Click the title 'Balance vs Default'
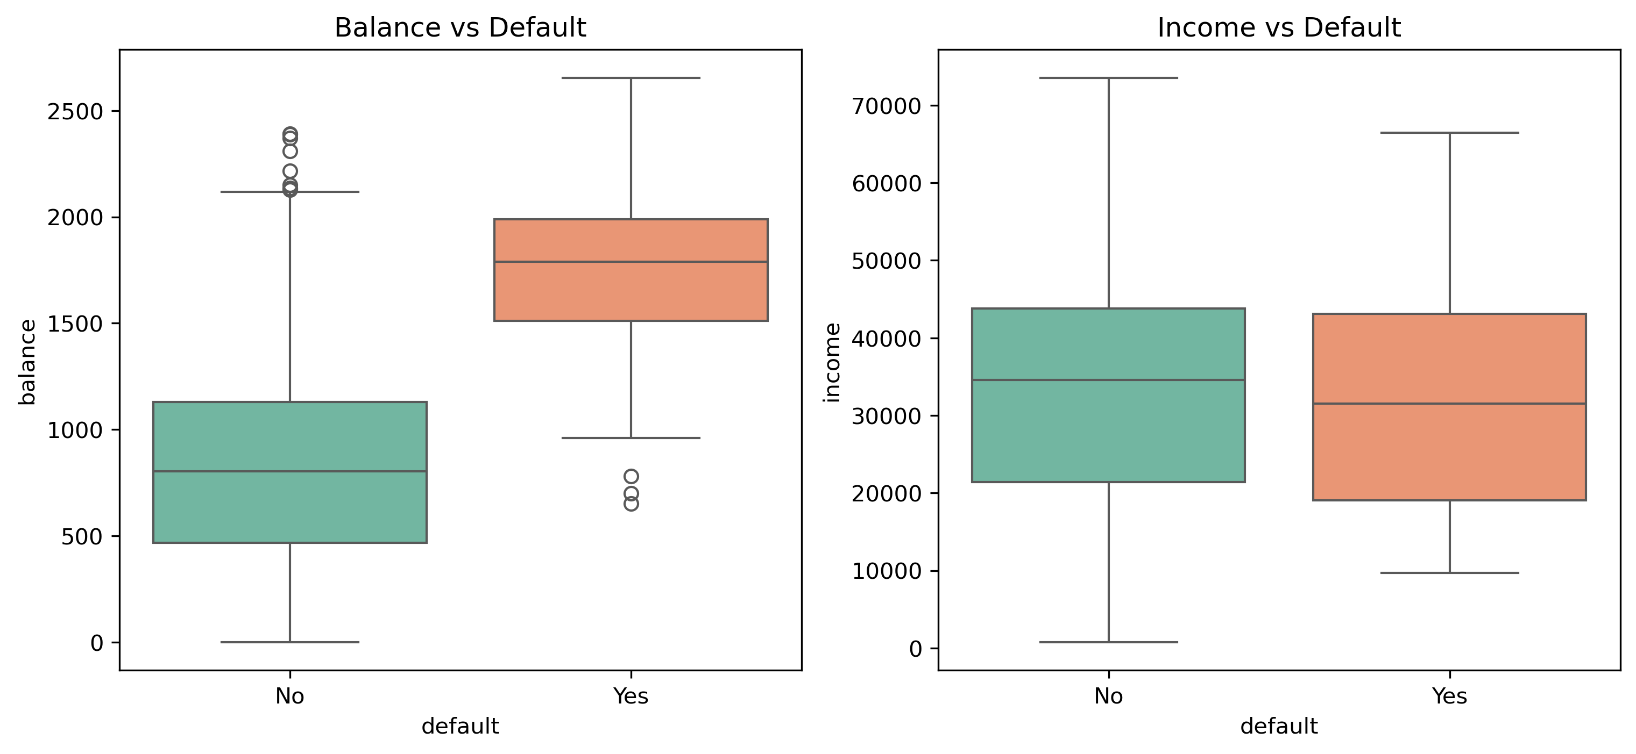(x=460, y=28)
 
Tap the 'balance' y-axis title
(x=27, y=362)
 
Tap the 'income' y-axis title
(x=832, y=362)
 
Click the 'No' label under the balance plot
(x=289, y=696)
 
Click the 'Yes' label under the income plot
(x=1449, y=696)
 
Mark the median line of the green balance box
(x=289, y=471)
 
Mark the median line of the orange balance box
(x=631, y=262)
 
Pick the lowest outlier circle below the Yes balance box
(x=631, y=504)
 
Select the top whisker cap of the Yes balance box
(x=631, y=78)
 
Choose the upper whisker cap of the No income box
(x=1108, y=78)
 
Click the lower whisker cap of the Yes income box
(x=1449, y=572)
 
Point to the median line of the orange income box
(x=1449, y=403)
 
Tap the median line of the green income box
(x=1108, y=380)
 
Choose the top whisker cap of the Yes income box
(x=1449, y=133)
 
